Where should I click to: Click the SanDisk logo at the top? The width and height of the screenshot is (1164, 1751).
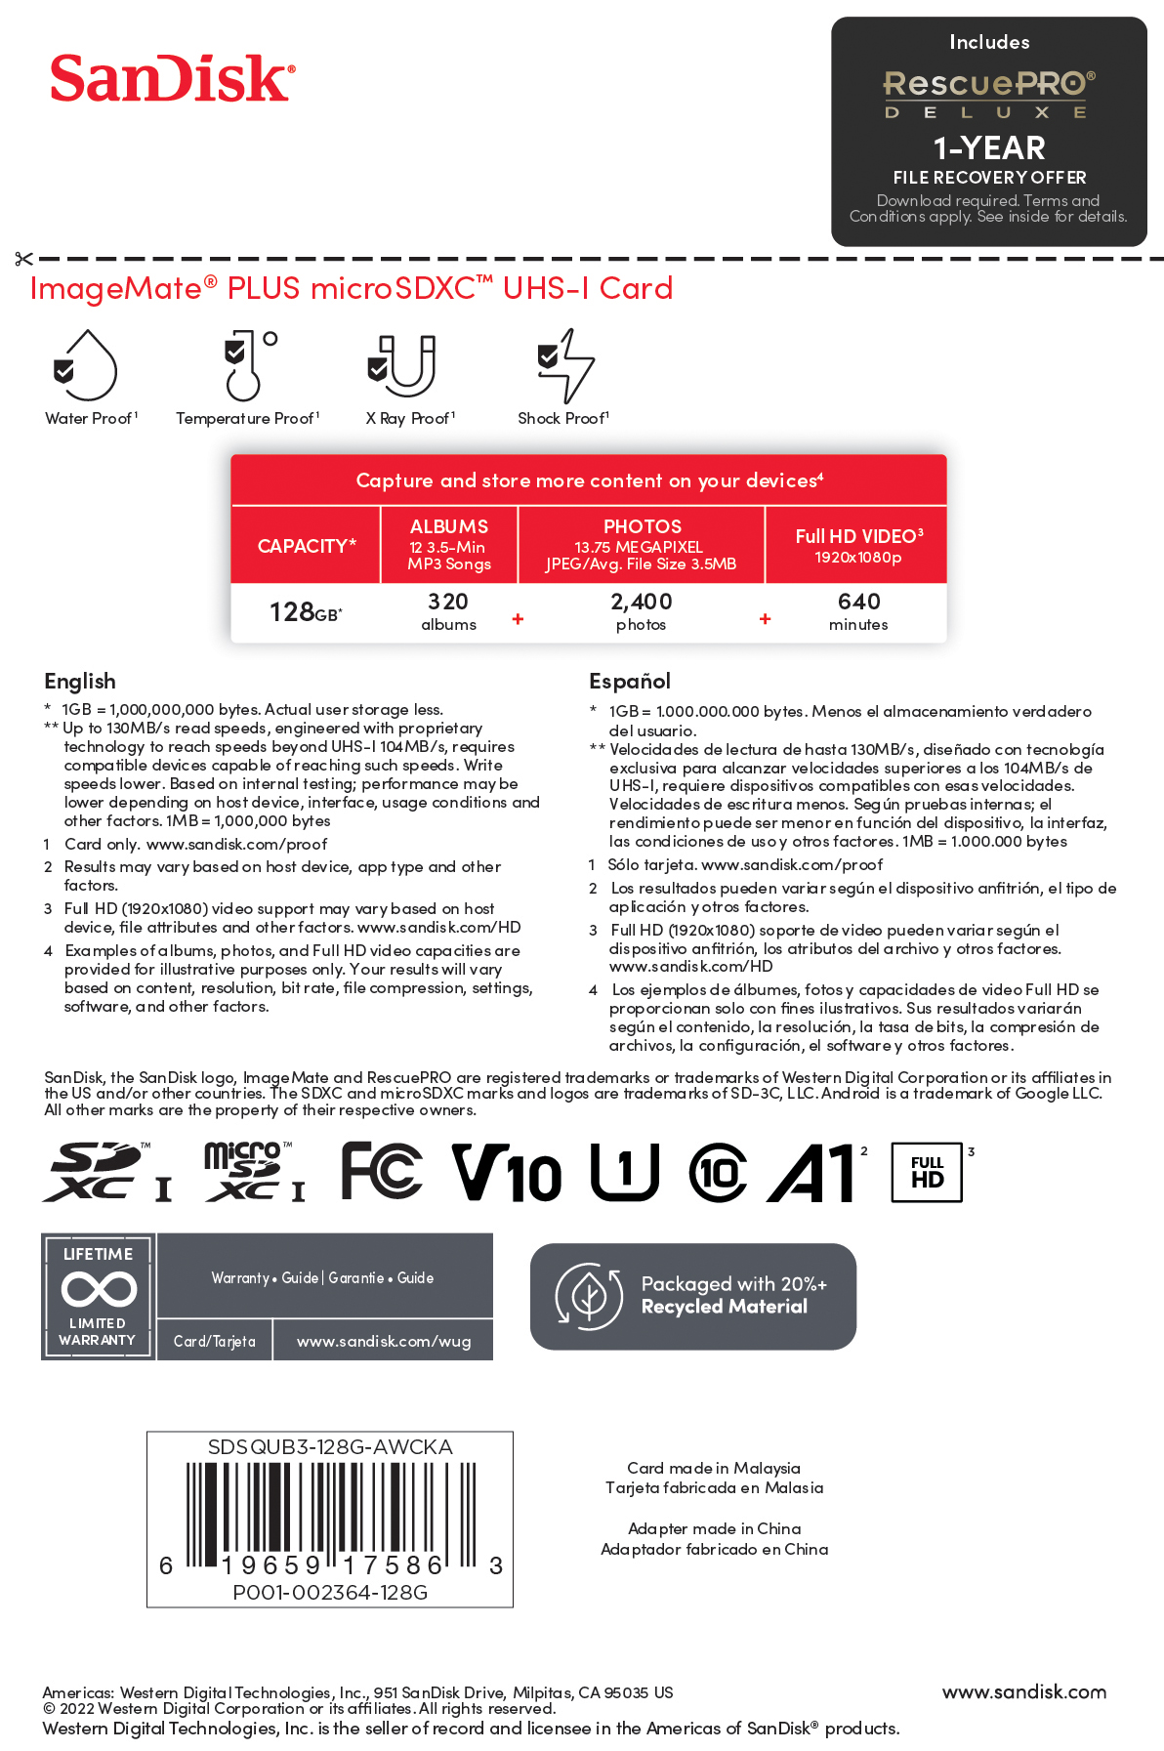coord(172,78)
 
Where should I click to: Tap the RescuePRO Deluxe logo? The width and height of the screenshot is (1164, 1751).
coord(988,94)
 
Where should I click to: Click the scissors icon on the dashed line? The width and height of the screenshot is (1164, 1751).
coord(23,259)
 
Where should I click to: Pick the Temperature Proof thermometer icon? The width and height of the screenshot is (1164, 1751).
coord(248,365)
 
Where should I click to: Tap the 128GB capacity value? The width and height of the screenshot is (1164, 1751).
coord(305,612)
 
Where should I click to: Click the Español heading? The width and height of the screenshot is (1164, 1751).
coord(630,681)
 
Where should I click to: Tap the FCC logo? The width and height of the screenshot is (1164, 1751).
coord(382,1170)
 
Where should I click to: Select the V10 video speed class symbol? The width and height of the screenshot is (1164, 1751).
coord(507,1172)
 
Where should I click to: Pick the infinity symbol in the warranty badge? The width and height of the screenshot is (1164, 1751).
coord(99,1289)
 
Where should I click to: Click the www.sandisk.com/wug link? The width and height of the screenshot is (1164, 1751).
coord(384,1341)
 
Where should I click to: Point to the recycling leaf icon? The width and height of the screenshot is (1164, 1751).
coord(588,1296)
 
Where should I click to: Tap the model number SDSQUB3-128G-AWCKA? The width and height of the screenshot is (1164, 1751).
coord(330,1447)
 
